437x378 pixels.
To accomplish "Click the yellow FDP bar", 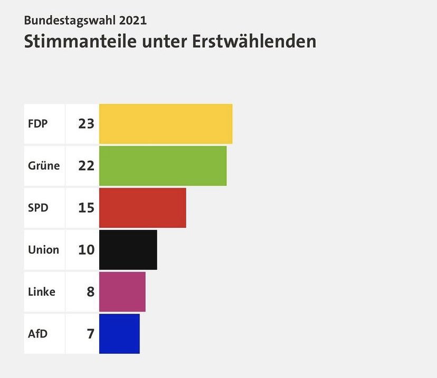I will [x=166, y=124].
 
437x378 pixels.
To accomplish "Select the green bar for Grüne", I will [x=163, y=166].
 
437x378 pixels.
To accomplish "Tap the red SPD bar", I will [x=142, y=208].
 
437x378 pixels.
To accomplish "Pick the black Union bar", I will [x=128, y=249].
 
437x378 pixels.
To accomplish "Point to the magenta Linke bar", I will [x=122, y=292].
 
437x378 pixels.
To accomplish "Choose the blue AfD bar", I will [x=119, y=333].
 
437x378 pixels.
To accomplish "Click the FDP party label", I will [x=38, y=124].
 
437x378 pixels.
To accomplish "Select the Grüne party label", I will [x=44, y=166].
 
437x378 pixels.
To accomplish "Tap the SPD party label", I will [x=38, y=208].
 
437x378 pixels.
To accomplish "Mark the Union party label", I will [x=43, y=249].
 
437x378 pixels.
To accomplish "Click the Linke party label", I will [x=42, y=292].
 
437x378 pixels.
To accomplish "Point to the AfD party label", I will [x=37, y=333].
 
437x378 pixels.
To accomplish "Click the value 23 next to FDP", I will [x=86, y=124].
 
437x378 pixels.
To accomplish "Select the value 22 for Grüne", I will [x=86, y=166].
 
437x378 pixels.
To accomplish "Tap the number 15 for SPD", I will [x=86, y=208].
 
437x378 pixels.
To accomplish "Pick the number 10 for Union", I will [x=86, y=249].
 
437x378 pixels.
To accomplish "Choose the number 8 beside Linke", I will [x=90, y=292].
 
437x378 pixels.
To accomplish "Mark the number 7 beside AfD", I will [x=90, y=333].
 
